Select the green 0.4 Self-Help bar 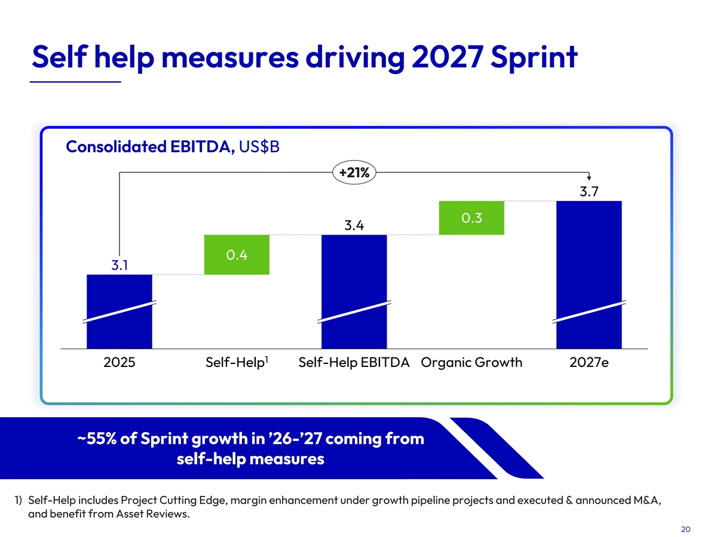[x=237, y=255]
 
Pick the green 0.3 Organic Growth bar [x=471, y=218]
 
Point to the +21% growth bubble [x=354, y=172]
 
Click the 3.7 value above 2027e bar [x=589, y=192]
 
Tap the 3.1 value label [x=120, y=264]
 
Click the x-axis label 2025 [x=119, y=363]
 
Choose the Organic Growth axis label [x=471, y=363]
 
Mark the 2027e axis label [x=589, y=363]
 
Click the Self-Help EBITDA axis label [x=354, y=363]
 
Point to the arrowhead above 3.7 [x=589, y=177]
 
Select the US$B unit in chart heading [x=259, y=147]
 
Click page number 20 [x=685, y=529]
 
